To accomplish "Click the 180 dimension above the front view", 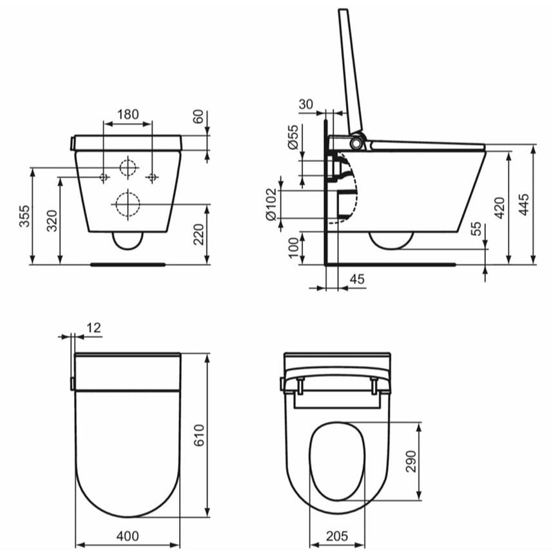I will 128,114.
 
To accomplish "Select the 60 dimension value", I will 199,118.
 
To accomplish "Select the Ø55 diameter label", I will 293,138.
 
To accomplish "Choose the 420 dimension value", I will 499,208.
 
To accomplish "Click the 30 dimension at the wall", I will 306,104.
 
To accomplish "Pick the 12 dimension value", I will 93,327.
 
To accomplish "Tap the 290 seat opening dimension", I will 411,461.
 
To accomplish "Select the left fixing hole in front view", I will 103,177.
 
